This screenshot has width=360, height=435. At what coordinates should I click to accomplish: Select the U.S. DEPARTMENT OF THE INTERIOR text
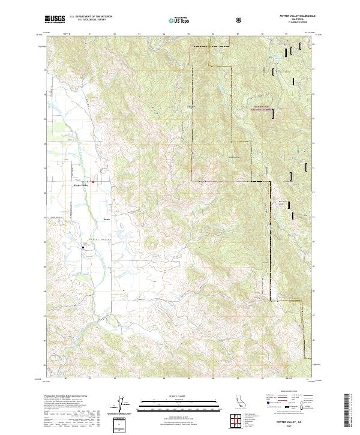point(91,17)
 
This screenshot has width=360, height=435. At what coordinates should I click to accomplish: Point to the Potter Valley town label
point(80,186)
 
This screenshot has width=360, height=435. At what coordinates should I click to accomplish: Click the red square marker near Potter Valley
point(93,182)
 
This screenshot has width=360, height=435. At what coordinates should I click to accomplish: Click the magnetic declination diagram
point(124,404)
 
